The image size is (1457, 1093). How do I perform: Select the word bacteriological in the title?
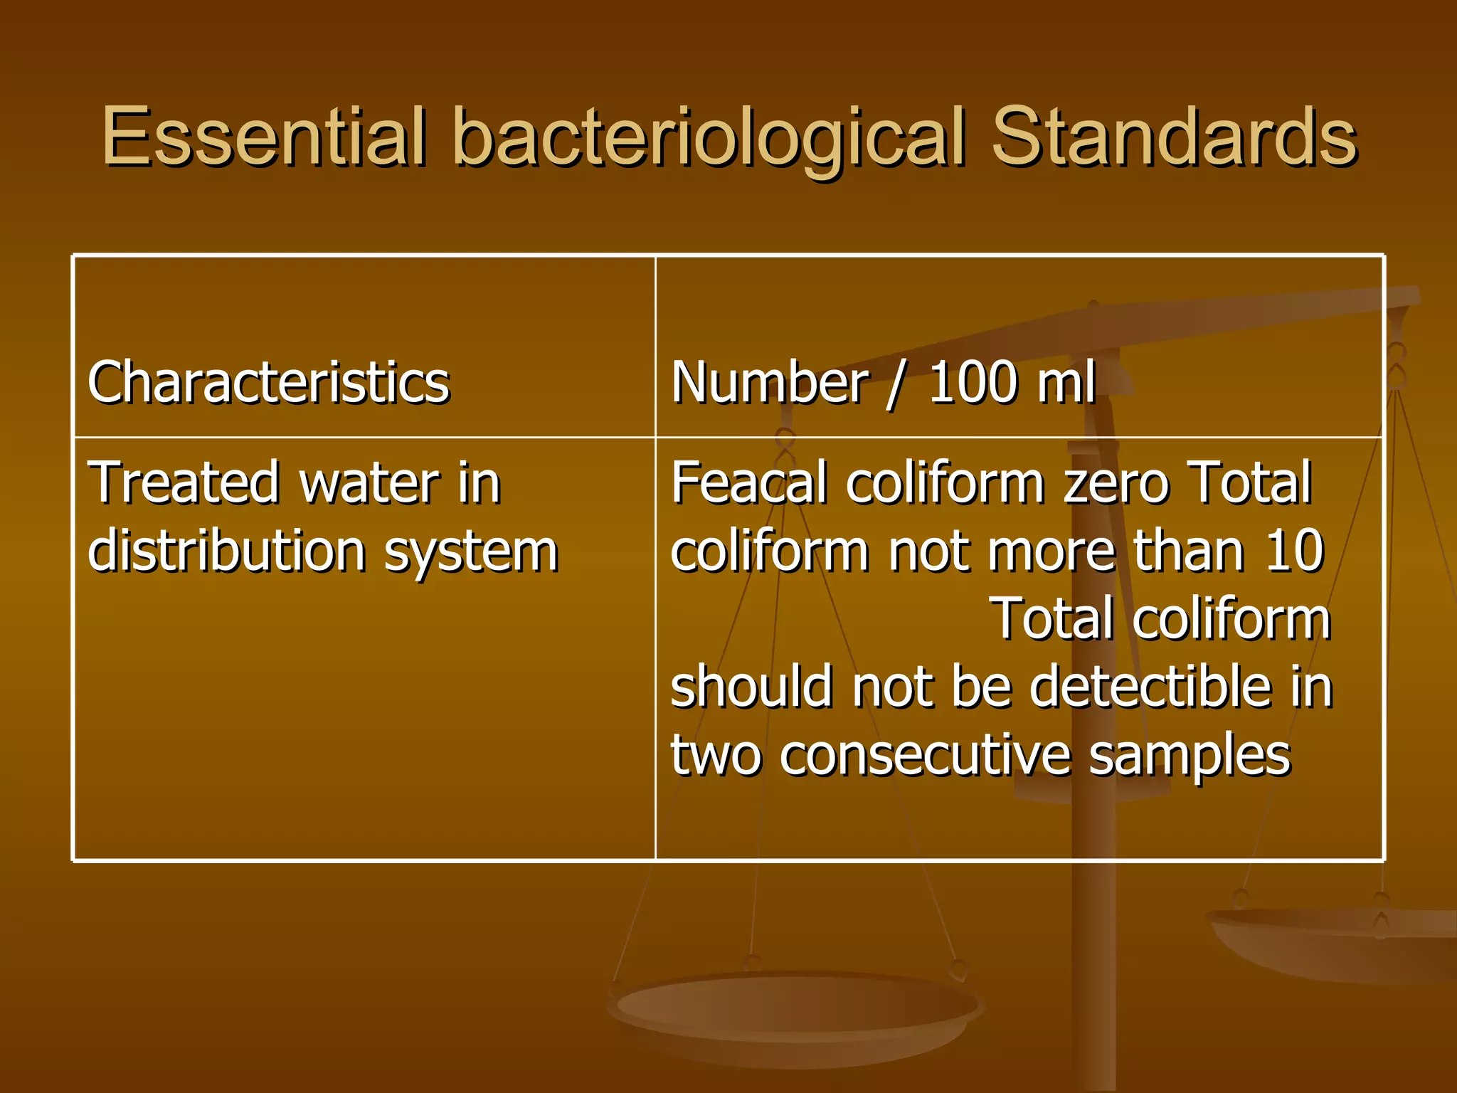coord(709,139)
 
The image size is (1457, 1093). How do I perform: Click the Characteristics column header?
coord(268,382)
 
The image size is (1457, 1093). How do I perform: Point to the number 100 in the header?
coord(973,382)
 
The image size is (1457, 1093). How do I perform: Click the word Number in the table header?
coord(770,382)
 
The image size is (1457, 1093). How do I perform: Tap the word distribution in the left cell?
coord(226,550)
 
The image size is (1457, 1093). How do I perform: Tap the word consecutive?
coord(925,754)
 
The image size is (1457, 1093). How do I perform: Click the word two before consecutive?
coord(716,755)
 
